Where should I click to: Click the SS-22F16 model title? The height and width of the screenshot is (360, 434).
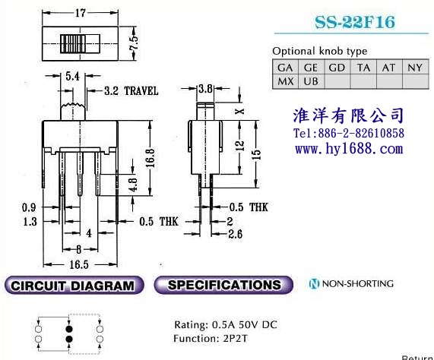click(x=355, y=22)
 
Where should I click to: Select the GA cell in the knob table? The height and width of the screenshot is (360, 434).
click(x=285, y=67)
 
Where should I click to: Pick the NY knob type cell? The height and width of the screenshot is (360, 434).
click(x=415, y=67)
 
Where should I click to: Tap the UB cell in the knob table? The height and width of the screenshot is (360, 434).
click(x=311, y=81)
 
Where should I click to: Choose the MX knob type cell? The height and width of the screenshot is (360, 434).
click(x=285, y=81)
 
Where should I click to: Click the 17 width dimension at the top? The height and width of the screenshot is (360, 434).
click(x=81, y=13)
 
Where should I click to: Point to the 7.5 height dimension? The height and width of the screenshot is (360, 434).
click(x=134, y=43)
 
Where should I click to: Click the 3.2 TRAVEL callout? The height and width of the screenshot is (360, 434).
click(x=131, y=90)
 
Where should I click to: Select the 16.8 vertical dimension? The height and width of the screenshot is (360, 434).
click(x=150, y=158)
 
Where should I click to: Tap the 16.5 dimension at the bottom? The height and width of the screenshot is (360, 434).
click(x=79, y=264)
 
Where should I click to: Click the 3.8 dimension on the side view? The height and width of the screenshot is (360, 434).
click(x=205, y=88)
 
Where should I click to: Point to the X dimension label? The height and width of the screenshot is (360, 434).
click(x=239, y=111)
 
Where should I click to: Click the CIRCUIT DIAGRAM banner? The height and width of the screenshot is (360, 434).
click(x=74, y=285)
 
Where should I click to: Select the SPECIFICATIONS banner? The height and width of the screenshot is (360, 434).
click(x=223, y=285)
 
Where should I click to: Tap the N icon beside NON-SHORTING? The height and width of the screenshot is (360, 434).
click(x=314, y=283)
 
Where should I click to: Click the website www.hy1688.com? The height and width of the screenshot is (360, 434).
click(x=349, y=149)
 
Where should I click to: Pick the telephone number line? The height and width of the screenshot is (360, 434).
click(x=349, y=133)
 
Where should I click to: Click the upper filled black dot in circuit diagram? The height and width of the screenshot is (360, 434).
click(x=69, y=329)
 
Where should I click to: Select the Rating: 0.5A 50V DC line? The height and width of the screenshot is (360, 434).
click(x=226, y=324)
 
